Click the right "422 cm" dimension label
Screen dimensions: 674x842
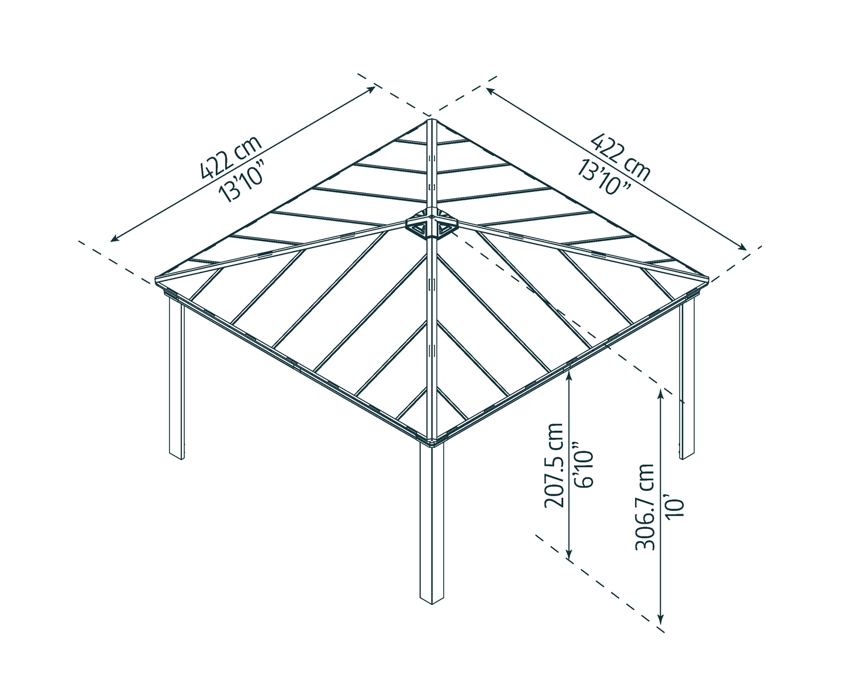tap(621, 156)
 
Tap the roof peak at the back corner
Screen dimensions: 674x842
tap(431, 121)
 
